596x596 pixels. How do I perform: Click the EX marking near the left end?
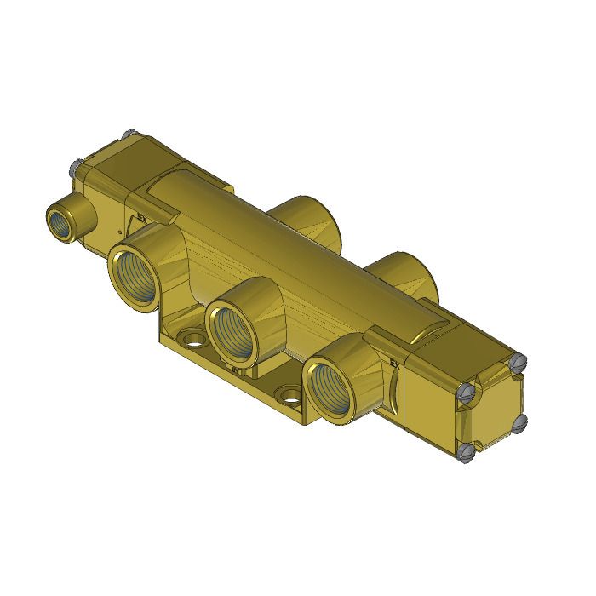pyautogui.click(x=142, y=218)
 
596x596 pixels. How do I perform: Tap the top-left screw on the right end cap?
pyautogui.click(x=466, y=393)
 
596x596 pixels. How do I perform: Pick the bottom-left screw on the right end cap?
pyautogui.click(x=465, y=452)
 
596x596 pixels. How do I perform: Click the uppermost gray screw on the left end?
pyautogui.click(x=128, y=135)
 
